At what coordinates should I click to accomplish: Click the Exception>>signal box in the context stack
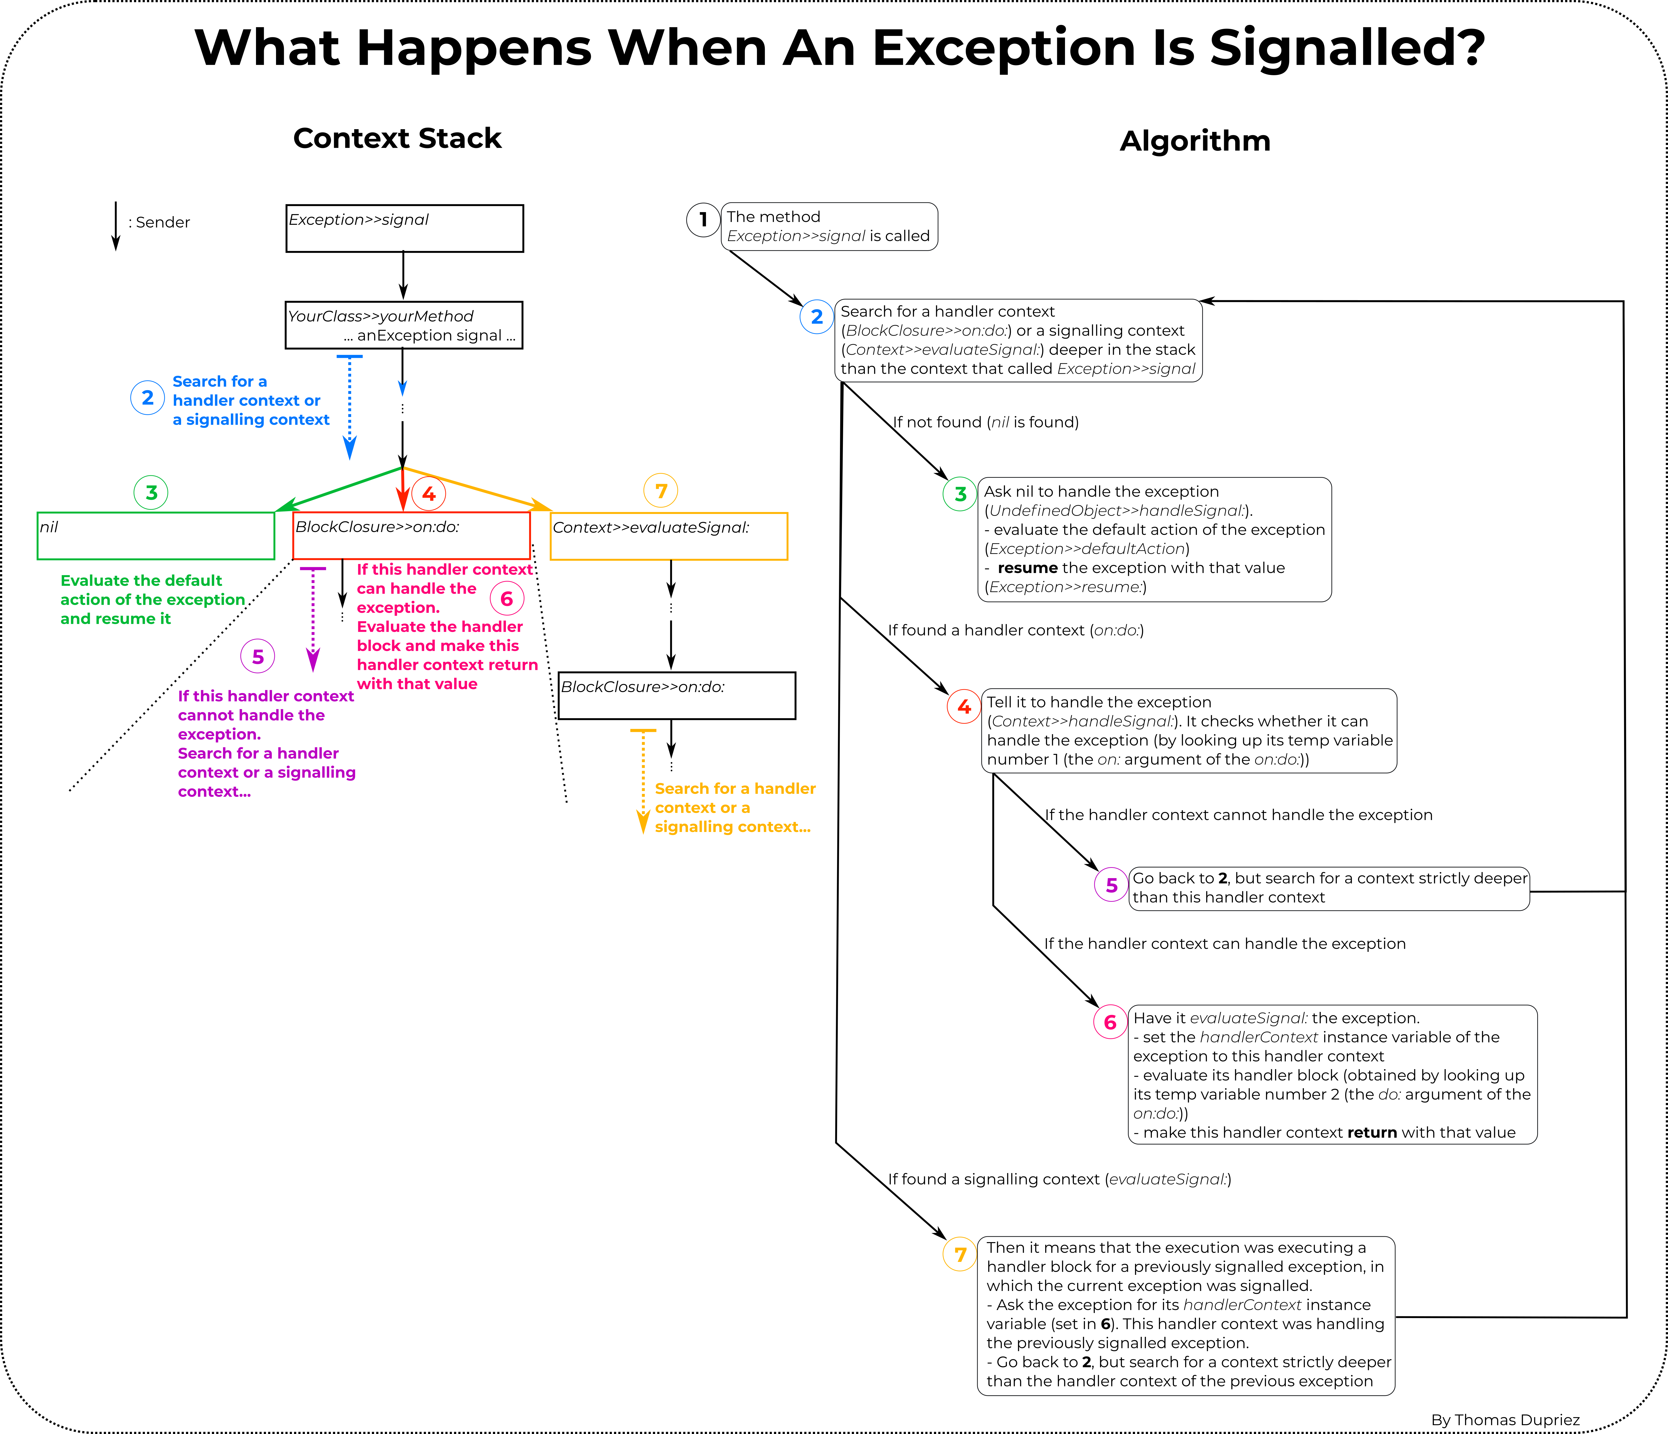(x=404, y=229)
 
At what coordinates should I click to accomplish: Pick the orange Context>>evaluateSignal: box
(x=668, y=536)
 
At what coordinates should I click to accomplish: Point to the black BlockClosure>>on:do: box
(x=676, y=696)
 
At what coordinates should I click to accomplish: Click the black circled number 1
(x=703, y=220)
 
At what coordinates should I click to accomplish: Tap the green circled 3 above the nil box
(x=151, y=492)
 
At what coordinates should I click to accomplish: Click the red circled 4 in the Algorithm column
(x=964, y=707)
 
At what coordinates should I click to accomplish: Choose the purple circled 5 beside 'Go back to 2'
(x=1111, y=886)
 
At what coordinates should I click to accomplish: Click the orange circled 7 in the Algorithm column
(x=960, y=1255)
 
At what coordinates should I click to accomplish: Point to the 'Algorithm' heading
(x=1195, y=141)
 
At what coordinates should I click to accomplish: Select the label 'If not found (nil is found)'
(x=985, y=422)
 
